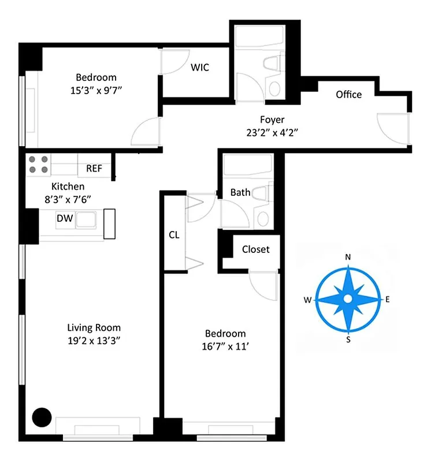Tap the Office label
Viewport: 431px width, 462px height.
pos(348,95)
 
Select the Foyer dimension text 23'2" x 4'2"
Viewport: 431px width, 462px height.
pos(272,132)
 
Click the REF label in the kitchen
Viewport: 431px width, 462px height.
pos(94,169)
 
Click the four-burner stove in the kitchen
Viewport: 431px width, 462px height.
pos(39,165)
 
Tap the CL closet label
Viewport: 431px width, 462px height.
pos(174,235)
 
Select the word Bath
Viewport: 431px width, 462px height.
pos(240,192)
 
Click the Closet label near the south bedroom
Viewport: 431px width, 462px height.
pos(255,249)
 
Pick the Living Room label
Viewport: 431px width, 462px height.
pos(94,328)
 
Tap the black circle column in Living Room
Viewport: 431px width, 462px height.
pos(41,416)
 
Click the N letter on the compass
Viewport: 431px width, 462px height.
pos(348,257)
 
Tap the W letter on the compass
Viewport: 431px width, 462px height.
pos(307,300)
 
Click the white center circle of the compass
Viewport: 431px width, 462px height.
pos(348,299)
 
